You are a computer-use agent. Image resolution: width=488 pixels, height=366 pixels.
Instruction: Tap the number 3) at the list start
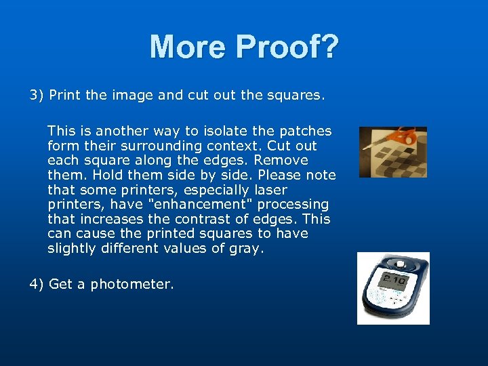click(x=37, y=95)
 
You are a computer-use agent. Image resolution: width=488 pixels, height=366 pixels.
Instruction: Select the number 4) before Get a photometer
click(x=37, y=284)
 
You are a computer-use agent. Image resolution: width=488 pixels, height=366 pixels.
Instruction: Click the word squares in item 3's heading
click(x=294, y=95)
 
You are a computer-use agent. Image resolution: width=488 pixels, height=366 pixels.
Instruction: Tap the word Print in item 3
click(x=65, y=95)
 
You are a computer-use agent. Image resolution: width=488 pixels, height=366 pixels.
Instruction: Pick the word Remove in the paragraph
click(x=285, y=160)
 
